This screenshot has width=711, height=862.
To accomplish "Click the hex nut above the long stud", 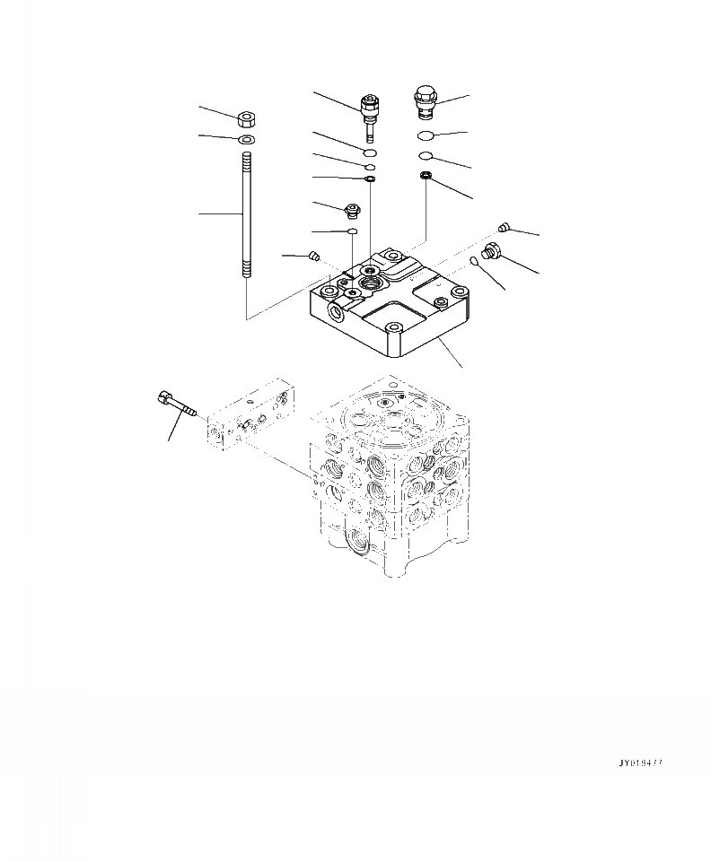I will tap(245, 118).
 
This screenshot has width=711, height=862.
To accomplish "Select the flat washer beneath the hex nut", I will tap(245, 140).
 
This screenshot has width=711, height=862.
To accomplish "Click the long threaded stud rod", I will tap(245, 215).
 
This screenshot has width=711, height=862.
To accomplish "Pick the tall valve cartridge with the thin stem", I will tap(368, 111).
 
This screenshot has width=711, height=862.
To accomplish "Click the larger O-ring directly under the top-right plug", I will tap(428, 135).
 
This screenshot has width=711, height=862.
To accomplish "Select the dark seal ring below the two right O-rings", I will tap(427, 175).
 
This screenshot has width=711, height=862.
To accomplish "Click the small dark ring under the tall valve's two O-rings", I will tap(370, 178).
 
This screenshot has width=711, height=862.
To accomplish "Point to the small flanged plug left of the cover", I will tap(351, 212).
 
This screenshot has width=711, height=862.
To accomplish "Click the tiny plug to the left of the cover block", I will tap(313, 257).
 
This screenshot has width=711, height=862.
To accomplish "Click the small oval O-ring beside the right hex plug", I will tap(473, 261).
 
